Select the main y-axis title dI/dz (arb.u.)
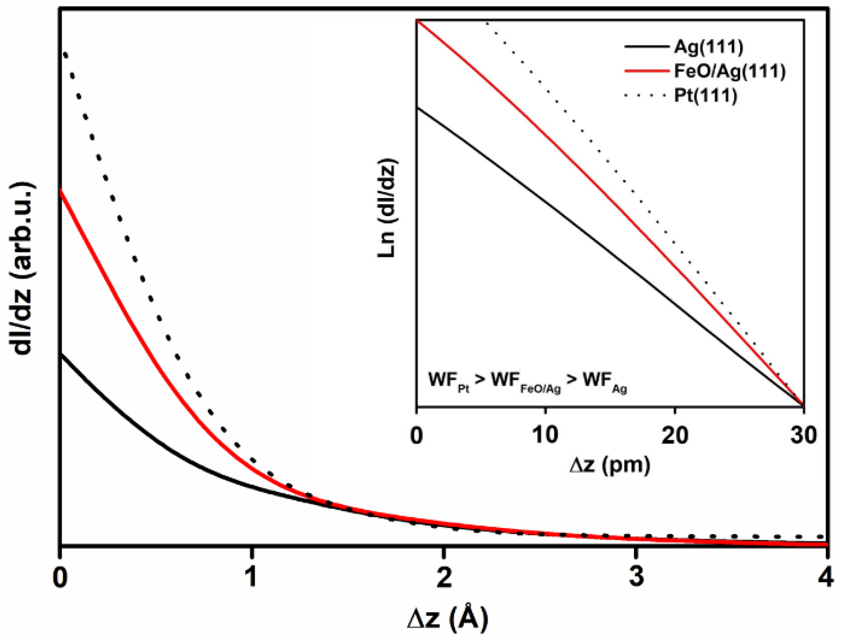click(x=24, y=270)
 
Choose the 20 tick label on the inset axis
click(x=675, y=435)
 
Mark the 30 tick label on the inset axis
click(x=804, y=435)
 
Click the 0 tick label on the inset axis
click(x=417, y=435)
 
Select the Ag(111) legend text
click(x=708, y=47)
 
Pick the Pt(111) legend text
click(x=705, y=96)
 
